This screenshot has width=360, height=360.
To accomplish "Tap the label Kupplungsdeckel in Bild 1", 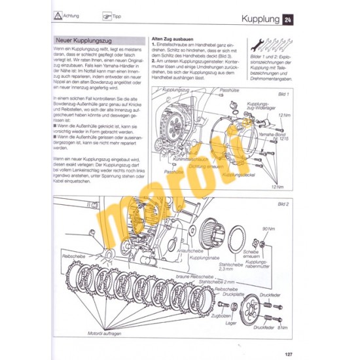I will tap(237, 175).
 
